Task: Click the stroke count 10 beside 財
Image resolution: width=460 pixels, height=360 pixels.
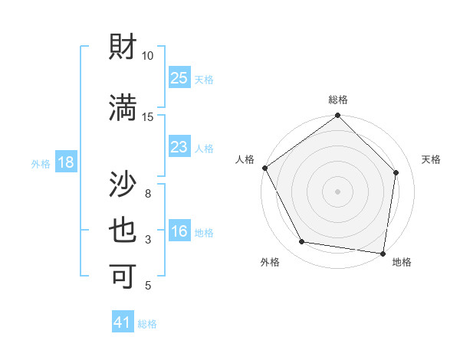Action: click(x=147, y=56)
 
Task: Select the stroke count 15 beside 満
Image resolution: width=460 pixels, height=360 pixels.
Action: click(x=147, y=117)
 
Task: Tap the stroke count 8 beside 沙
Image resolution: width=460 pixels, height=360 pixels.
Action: click(x=147, y=193)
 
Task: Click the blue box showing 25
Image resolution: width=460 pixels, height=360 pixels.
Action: click(x=179, y=78)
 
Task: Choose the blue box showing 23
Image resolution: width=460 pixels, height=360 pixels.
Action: click(x=179, y=147)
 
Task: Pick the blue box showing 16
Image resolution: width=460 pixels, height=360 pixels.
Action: click(x=179, y=232)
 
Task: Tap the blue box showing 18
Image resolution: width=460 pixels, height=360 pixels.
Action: click(x=65, y=162)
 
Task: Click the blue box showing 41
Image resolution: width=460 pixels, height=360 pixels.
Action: click(x=123, y=323)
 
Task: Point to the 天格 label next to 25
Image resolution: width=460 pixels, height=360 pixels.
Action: click(x=204, y=79)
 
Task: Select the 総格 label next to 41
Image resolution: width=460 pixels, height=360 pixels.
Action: click(x=147, y=324)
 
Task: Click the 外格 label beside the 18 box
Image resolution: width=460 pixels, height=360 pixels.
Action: click(x=41, y=163)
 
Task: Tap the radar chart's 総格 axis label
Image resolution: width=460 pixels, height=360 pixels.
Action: click(x=338, y=100)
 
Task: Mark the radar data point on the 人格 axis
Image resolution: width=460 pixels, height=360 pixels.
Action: click(x=264, y=168)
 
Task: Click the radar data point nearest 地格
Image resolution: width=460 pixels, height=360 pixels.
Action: click(x=383, y=253)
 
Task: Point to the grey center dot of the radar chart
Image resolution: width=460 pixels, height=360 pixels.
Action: click(x=338, y=191)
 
